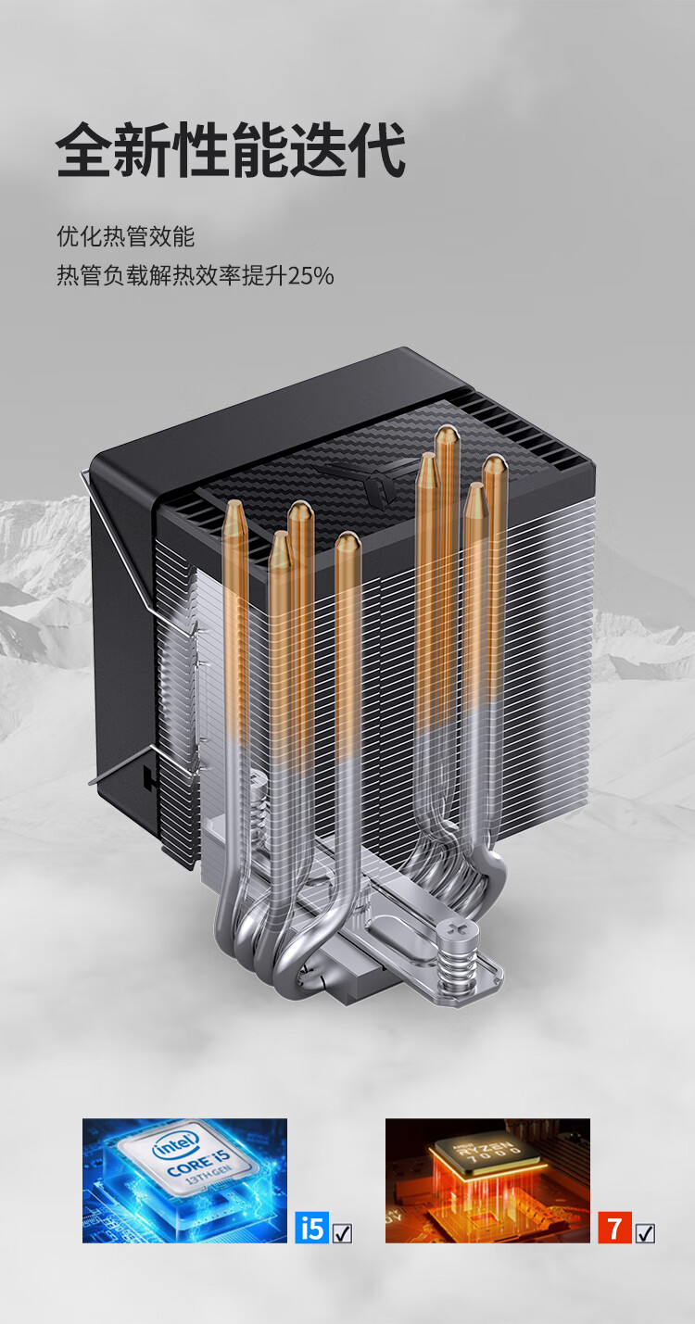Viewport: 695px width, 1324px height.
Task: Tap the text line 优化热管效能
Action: (x=126, y=236)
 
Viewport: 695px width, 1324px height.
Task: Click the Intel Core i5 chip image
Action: (x=184, y=1180)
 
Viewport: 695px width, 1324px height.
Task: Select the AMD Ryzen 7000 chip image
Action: (x=487, y=1180)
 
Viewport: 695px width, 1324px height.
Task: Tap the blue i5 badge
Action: (x=311, y=1227)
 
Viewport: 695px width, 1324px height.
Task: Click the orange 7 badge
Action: (x=614, y=1227)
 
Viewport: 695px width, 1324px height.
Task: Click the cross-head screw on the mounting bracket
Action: (x=455, y=929)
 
